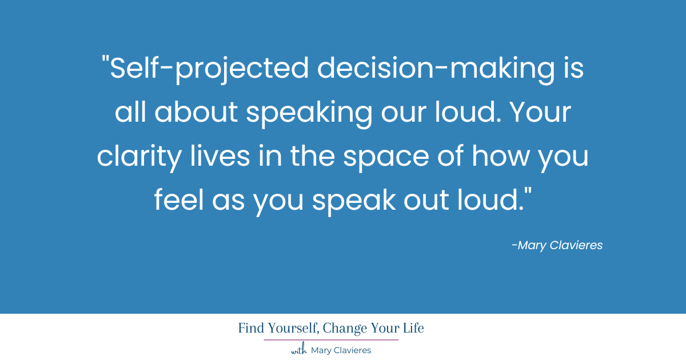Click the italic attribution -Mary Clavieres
pyautogui.click(x=557, y=246)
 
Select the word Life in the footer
pyautogui.click(x=412, y=329)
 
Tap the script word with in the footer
pyautogui.click(x=299, y=350)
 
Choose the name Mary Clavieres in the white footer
pyautogui.click(x=341, y=350)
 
